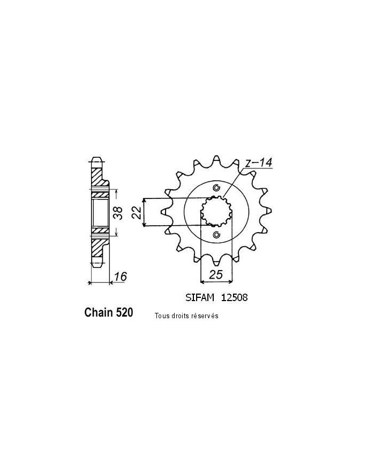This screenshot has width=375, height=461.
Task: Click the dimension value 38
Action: [x=118, y=213]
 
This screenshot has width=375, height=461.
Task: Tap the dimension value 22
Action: [x=137, y=212]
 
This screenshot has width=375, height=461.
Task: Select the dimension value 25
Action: [x=216, y=274]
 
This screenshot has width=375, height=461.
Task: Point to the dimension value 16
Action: [x=121, y=276]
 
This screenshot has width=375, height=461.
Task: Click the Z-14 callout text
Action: [x=259, y=163]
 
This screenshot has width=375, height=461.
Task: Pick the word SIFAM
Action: [x=200, y=297]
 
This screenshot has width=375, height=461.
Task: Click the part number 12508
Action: [x=234, y=297]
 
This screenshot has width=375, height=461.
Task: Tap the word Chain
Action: [x=99, y=312]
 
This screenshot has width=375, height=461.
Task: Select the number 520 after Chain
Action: [x=124, y=312]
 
